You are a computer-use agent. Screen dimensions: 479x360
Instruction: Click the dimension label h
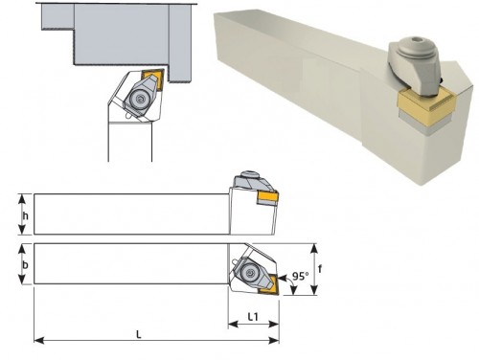[26, 216]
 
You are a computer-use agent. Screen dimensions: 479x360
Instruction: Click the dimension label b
[26, 265]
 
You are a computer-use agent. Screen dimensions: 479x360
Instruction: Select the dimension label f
[320, 269]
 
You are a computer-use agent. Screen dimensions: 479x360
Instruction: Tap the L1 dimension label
[253, 317]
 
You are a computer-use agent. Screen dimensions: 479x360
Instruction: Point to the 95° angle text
[301, 276]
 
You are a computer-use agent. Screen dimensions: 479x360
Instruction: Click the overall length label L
[139, 334]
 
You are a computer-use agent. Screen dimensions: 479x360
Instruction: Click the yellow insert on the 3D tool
[424, 101]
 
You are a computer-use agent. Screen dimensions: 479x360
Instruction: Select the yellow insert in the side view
[268, 197]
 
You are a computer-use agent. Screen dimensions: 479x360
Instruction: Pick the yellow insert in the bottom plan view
[269, 285]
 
